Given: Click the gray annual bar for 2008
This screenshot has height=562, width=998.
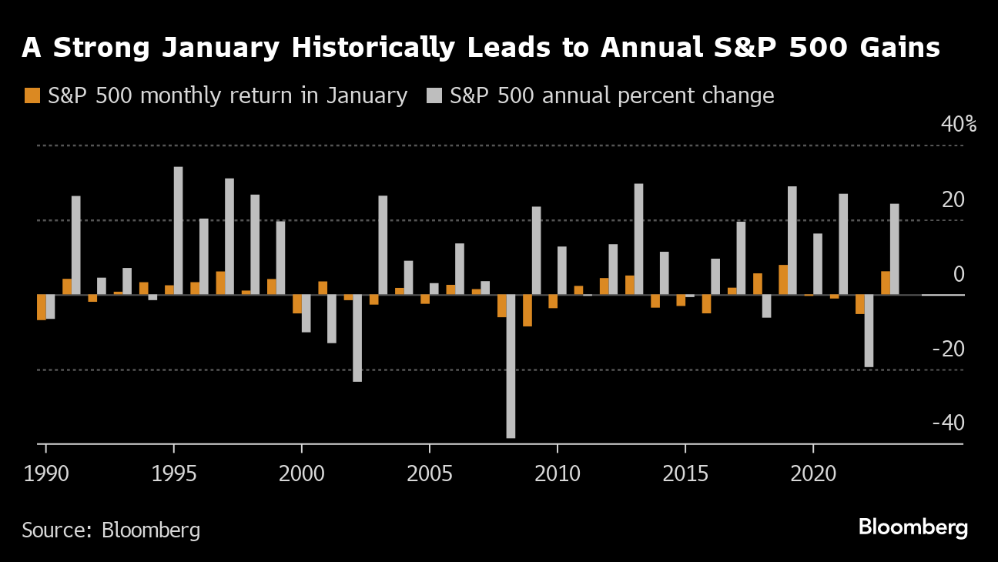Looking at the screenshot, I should pyautogui.click(x=511, y=366).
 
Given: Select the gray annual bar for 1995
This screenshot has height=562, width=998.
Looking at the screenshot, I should pyautogui.click(x=178, y=231).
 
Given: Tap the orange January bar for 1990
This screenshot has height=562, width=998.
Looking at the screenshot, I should pyautogui.click(x=42, y=307).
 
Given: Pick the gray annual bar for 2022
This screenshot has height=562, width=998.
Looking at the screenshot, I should pyautogui.click(x=869, y=331).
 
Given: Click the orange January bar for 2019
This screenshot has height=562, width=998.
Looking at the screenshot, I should pyautogui.click(x=783, y=280).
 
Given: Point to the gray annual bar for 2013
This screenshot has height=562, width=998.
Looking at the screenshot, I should pyautogui.click(x=638, y=239).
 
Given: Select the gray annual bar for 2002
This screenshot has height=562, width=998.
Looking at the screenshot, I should pyautogui.click(x=357, y=338).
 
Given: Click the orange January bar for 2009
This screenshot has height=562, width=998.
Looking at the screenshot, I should pyautogui.click(x=527, y=310).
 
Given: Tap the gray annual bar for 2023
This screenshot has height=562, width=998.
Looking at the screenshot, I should pyautogui.click(x=894, y=249).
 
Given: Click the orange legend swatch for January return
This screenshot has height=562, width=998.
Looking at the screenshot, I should pyautogui.click(x=32, y=95).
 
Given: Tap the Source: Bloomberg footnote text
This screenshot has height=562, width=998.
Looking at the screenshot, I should pyautogui.click(x=111, y=530).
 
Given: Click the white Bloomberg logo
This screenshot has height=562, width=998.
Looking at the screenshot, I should pyautogui.click(x=913, y=528).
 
